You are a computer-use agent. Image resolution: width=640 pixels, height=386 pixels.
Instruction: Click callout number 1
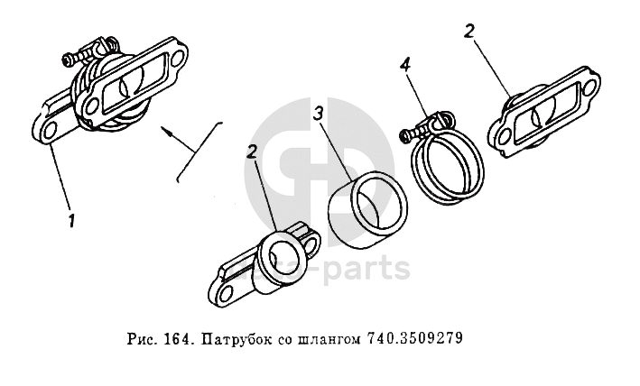pos(72,221)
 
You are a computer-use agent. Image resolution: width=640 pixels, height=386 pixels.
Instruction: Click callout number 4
pos(405,66)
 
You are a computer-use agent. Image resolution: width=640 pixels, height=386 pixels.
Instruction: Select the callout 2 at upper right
pos(469,32)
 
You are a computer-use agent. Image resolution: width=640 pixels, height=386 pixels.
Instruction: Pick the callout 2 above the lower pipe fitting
pos(252,152)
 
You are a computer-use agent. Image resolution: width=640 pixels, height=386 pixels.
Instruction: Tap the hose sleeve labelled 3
pos(366,209)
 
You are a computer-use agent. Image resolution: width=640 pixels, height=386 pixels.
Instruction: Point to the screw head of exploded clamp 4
pos(403,136)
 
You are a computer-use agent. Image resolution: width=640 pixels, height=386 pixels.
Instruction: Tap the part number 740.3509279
pos(415,339)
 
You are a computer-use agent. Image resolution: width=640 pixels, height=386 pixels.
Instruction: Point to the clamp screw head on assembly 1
pos(68,60)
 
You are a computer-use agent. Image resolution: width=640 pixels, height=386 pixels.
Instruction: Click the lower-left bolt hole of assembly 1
pos(47,132)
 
